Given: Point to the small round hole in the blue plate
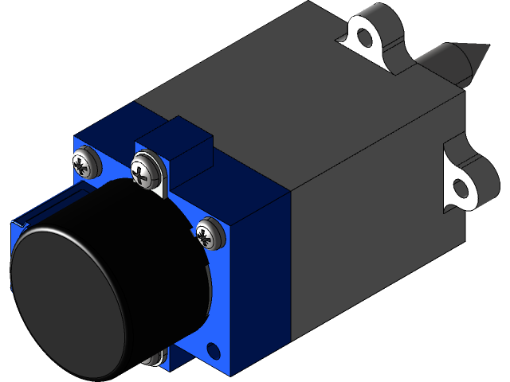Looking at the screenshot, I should click(213, 349).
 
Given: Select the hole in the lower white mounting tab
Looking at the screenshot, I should click(461, 189).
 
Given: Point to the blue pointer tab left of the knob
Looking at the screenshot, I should click(48, 209).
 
